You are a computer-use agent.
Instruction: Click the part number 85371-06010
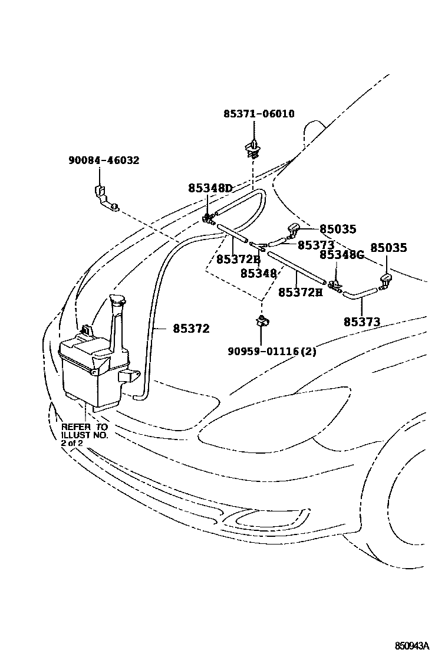click(259, 114)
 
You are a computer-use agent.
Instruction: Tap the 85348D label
click(210, 188)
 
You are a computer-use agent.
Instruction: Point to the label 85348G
click(342, 255)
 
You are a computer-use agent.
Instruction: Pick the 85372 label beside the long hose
click(191, 329)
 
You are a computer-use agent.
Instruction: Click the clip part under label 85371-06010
click(254, 149)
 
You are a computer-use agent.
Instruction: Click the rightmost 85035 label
click(388, 248)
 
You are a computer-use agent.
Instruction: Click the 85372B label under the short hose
click(238, 259)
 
